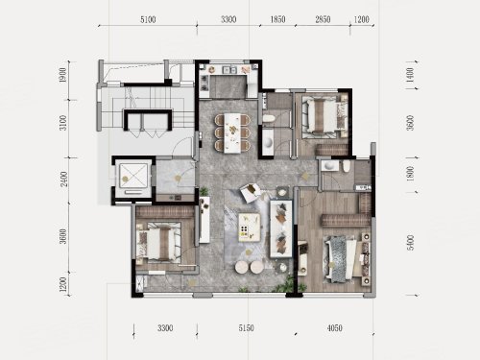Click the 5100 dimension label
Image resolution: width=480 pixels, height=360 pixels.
(148, 19)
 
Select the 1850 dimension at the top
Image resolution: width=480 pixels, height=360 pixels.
(277, 19)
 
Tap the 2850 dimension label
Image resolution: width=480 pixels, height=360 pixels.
(323, 19)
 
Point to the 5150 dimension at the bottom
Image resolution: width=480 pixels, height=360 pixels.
(246, 328)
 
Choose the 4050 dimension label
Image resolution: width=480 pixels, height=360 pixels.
(334, 328)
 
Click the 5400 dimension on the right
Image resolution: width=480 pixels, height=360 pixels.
(410, 242)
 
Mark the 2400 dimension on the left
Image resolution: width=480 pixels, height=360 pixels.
(64, 180)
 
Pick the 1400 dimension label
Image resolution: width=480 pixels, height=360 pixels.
(410, 75)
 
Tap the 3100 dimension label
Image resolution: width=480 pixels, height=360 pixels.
(64, 123)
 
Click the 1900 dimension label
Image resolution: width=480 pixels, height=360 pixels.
(63, 75)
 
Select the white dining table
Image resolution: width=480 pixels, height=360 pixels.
(232, 133)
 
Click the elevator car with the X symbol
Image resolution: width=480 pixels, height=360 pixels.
(133, 175)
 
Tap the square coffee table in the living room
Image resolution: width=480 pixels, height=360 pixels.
(250, 227)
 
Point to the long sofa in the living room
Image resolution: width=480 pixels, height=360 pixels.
(281, 228)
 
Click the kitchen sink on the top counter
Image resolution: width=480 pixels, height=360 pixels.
(229, 70)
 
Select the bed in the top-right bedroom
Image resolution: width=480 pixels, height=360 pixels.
(324, 115)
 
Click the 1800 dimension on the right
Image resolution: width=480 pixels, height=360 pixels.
(410, 173)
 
